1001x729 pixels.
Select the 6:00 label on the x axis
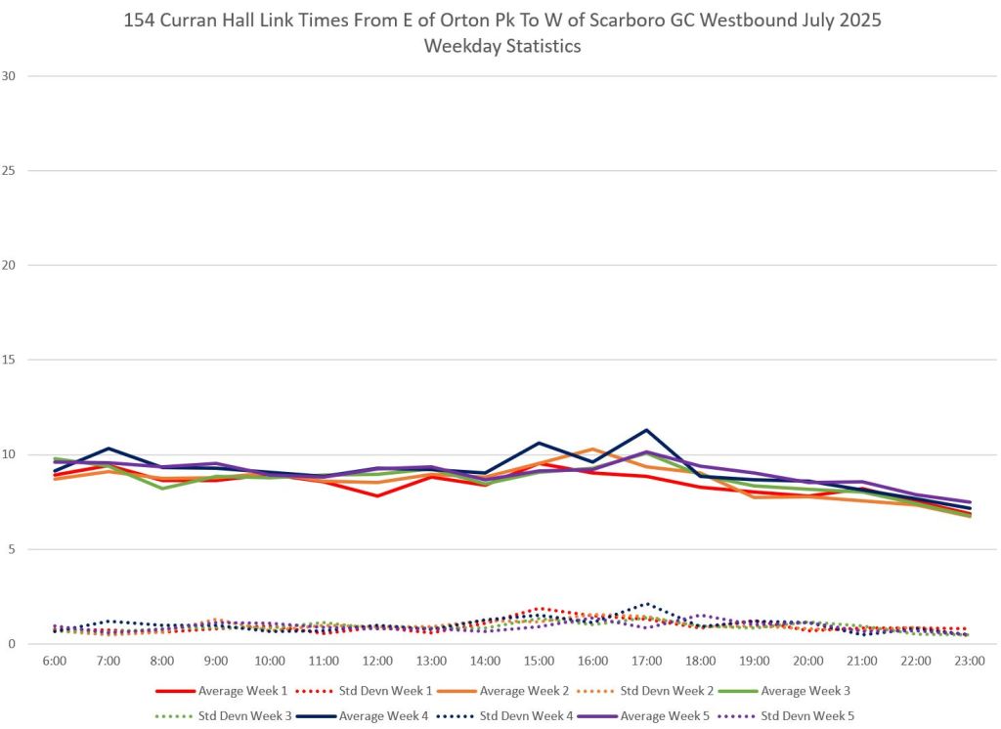[x=54, y=662]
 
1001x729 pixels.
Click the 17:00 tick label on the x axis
[x=646, y=662]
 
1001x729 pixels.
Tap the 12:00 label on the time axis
[x=377, y=662]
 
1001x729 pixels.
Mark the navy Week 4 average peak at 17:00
[x=646, y=430]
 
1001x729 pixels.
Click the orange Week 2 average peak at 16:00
[x=592, y=449]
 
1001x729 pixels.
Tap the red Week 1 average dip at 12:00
[x=377, y=495]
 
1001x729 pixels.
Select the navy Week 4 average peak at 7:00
[x=108, y=449]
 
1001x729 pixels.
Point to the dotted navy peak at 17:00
[x=646, y=603]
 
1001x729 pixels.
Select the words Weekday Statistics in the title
[x=502, y=46]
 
